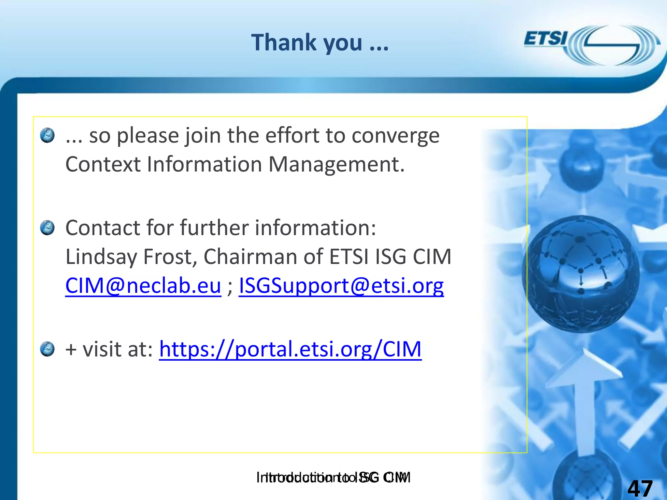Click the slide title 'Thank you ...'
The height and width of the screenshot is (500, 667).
pyautogui.click(x=320, y=43)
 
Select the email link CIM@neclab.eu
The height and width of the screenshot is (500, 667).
pyautogui.click(x=143, y=285)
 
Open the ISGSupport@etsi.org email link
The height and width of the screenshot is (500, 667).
pyautogui.click(x=341, y=285)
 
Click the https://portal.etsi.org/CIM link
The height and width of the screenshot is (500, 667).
pyautogui.click(x=290, y=349)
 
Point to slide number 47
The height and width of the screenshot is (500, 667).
pyautogui.click(x=640, y=488)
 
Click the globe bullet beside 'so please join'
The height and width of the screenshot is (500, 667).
pyautogui.click(x=47, y=135)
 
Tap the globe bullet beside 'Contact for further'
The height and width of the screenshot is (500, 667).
pyautogui.click(x=47, y=228)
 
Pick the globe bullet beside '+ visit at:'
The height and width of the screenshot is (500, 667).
pyautogui.click(x=47, y=349)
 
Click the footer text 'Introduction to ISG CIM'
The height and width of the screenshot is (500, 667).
pyautogui.click(x=333, y=477)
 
